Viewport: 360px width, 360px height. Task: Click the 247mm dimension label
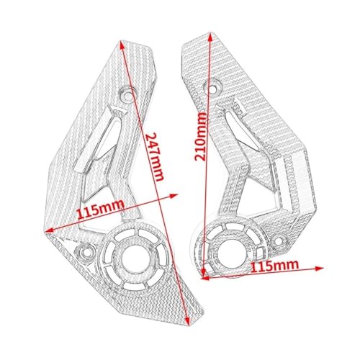(155, 157)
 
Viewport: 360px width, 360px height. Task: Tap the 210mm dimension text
(200, 137)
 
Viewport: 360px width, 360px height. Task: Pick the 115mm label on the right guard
(274, 266)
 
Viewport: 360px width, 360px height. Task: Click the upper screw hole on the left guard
(127, 94)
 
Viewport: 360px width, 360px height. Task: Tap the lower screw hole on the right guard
(279, 240)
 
